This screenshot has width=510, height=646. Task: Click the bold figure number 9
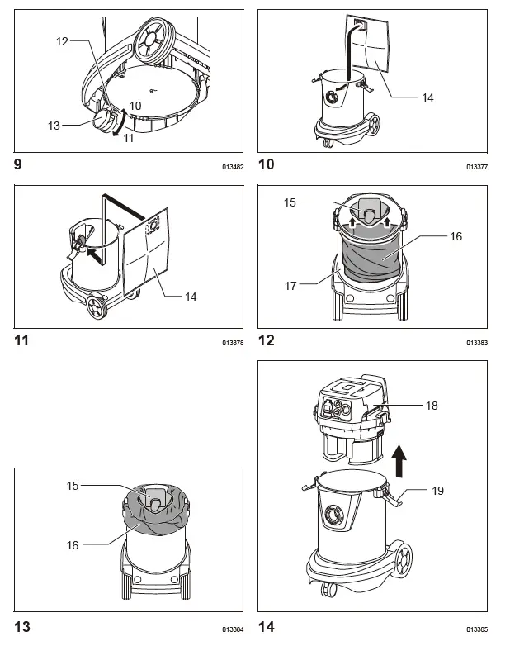point(18,164)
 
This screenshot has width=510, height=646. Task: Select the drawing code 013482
point(233,166)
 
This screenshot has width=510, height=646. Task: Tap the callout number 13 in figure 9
point(54,125)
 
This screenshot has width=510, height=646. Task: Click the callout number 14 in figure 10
point(427,97)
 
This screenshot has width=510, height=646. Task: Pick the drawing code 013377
point(476,166)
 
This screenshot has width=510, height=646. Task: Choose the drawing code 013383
point(476,342)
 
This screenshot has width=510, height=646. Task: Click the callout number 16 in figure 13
point(73,545)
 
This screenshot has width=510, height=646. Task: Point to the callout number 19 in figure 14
point(437,490)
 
